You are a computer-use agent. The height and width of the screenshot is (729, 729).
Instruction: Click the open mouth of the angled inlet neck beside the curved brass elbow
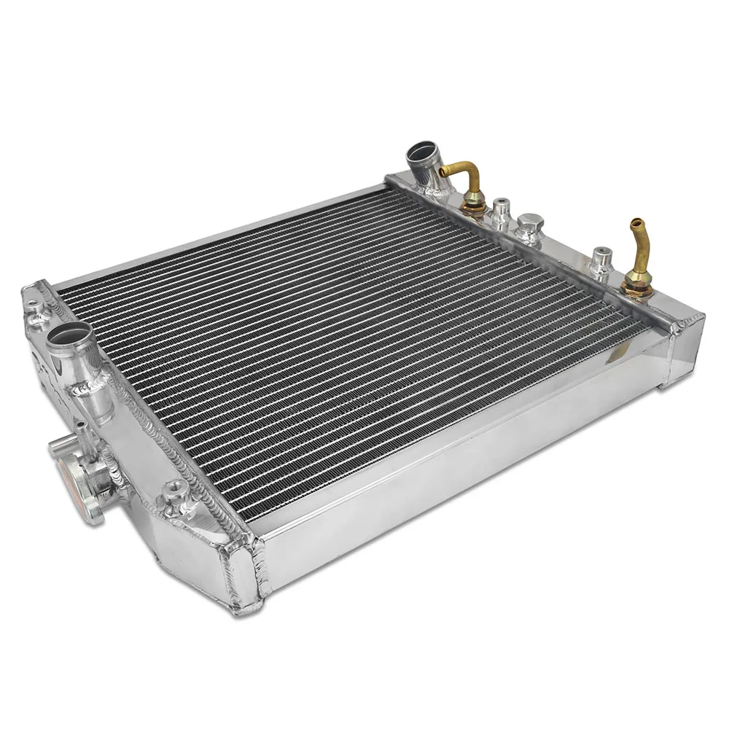(x=421, y=153)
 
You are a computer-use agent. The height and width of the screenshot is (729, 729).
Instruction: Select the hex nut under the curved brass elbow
(x=474, y=205)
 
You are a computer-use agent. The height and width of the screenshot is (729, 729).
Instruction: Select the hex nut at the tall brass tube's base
(x=637, y=286)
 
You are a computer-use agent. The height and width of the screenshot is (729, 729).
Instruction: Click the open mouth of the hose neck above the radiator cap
(x=71, y=335)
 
